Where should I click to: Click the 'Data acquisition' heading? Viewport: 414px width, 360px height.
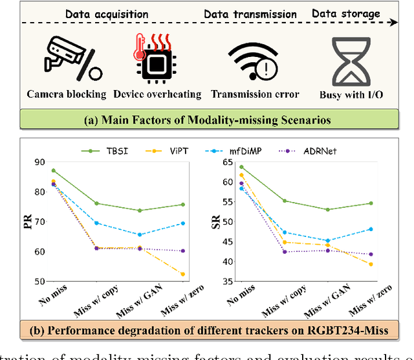point(107,13)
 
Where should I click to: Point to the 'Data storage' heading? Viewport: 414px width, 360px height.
point(347,13)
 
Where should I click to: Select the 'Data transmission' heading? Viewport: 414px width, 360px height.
point(250,14)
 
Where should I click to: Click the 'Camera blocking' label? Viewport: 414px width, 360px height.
point(66,94)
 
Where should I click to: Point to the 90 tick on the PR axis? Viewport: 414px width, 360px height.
point(39,162)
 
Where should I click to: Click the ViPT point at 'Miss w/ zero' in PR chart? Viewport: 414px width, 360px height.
point(183,274)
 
